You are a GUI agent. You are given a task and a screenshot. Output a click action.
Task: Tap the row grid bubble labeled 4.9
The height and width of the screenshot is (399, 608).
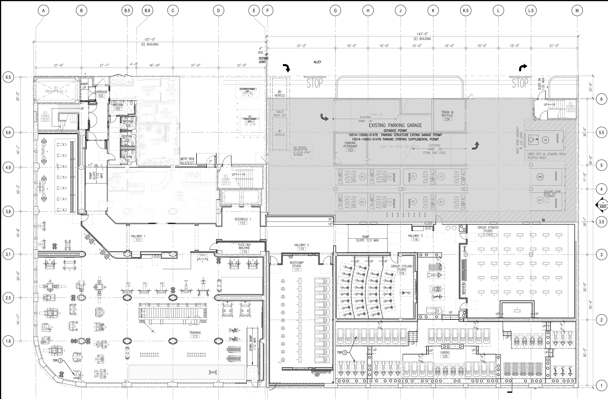click(8, 168)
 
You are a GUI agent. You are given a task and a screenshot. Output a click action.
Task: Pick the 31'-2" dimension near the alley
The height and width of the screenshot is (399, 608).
click(301, 46)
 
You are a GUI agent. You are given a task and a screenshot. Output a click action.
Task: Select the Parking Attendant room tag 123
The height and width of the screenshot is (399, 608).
click(350, 150)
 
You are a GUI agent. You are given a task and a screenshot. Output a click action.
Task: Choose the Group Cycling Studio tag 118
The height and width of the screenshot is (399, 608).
click(402, 273)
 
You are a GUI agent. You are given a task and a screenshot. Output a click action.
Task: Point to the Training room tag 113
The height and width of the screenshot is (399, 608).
click(195, 336)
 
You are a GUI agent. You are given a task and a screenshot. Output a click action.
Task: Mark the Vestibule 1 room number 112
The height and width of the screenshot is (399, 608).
click(242, 223)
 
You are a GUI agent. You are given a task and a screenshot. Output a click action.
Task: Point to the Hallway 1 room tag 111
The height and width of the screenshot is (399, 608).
click(138, 240)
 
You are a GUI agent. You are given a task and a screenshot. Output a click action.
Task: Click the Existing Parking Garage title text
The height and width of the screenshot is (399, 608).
click(395, 125)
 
